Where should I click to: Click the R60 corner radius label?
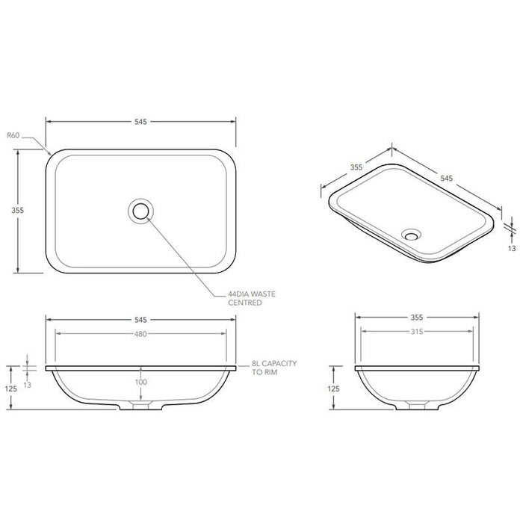pyautogui.click(x=12, y=136)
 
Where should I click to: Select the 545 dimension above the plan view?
pyautogui.click(x=141, y=120)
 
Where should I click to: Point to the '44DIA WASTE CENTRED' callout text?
pyautogui.click(x=252, y=299)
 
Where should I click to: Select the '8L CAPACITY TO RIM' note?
pyautogui.click(x=274, y=367)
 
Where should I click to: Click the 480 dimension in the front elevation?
pyautogui.click(x=141, y=334)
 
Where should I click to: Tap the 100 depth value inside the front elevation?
pyautogui.click(x=141, y=383)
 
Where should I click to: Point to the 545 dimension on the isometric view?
pyautogui.click(x=447, y=179)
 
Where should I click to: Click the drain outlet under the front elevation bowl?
pyautogui.click(x=141, y=406)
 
